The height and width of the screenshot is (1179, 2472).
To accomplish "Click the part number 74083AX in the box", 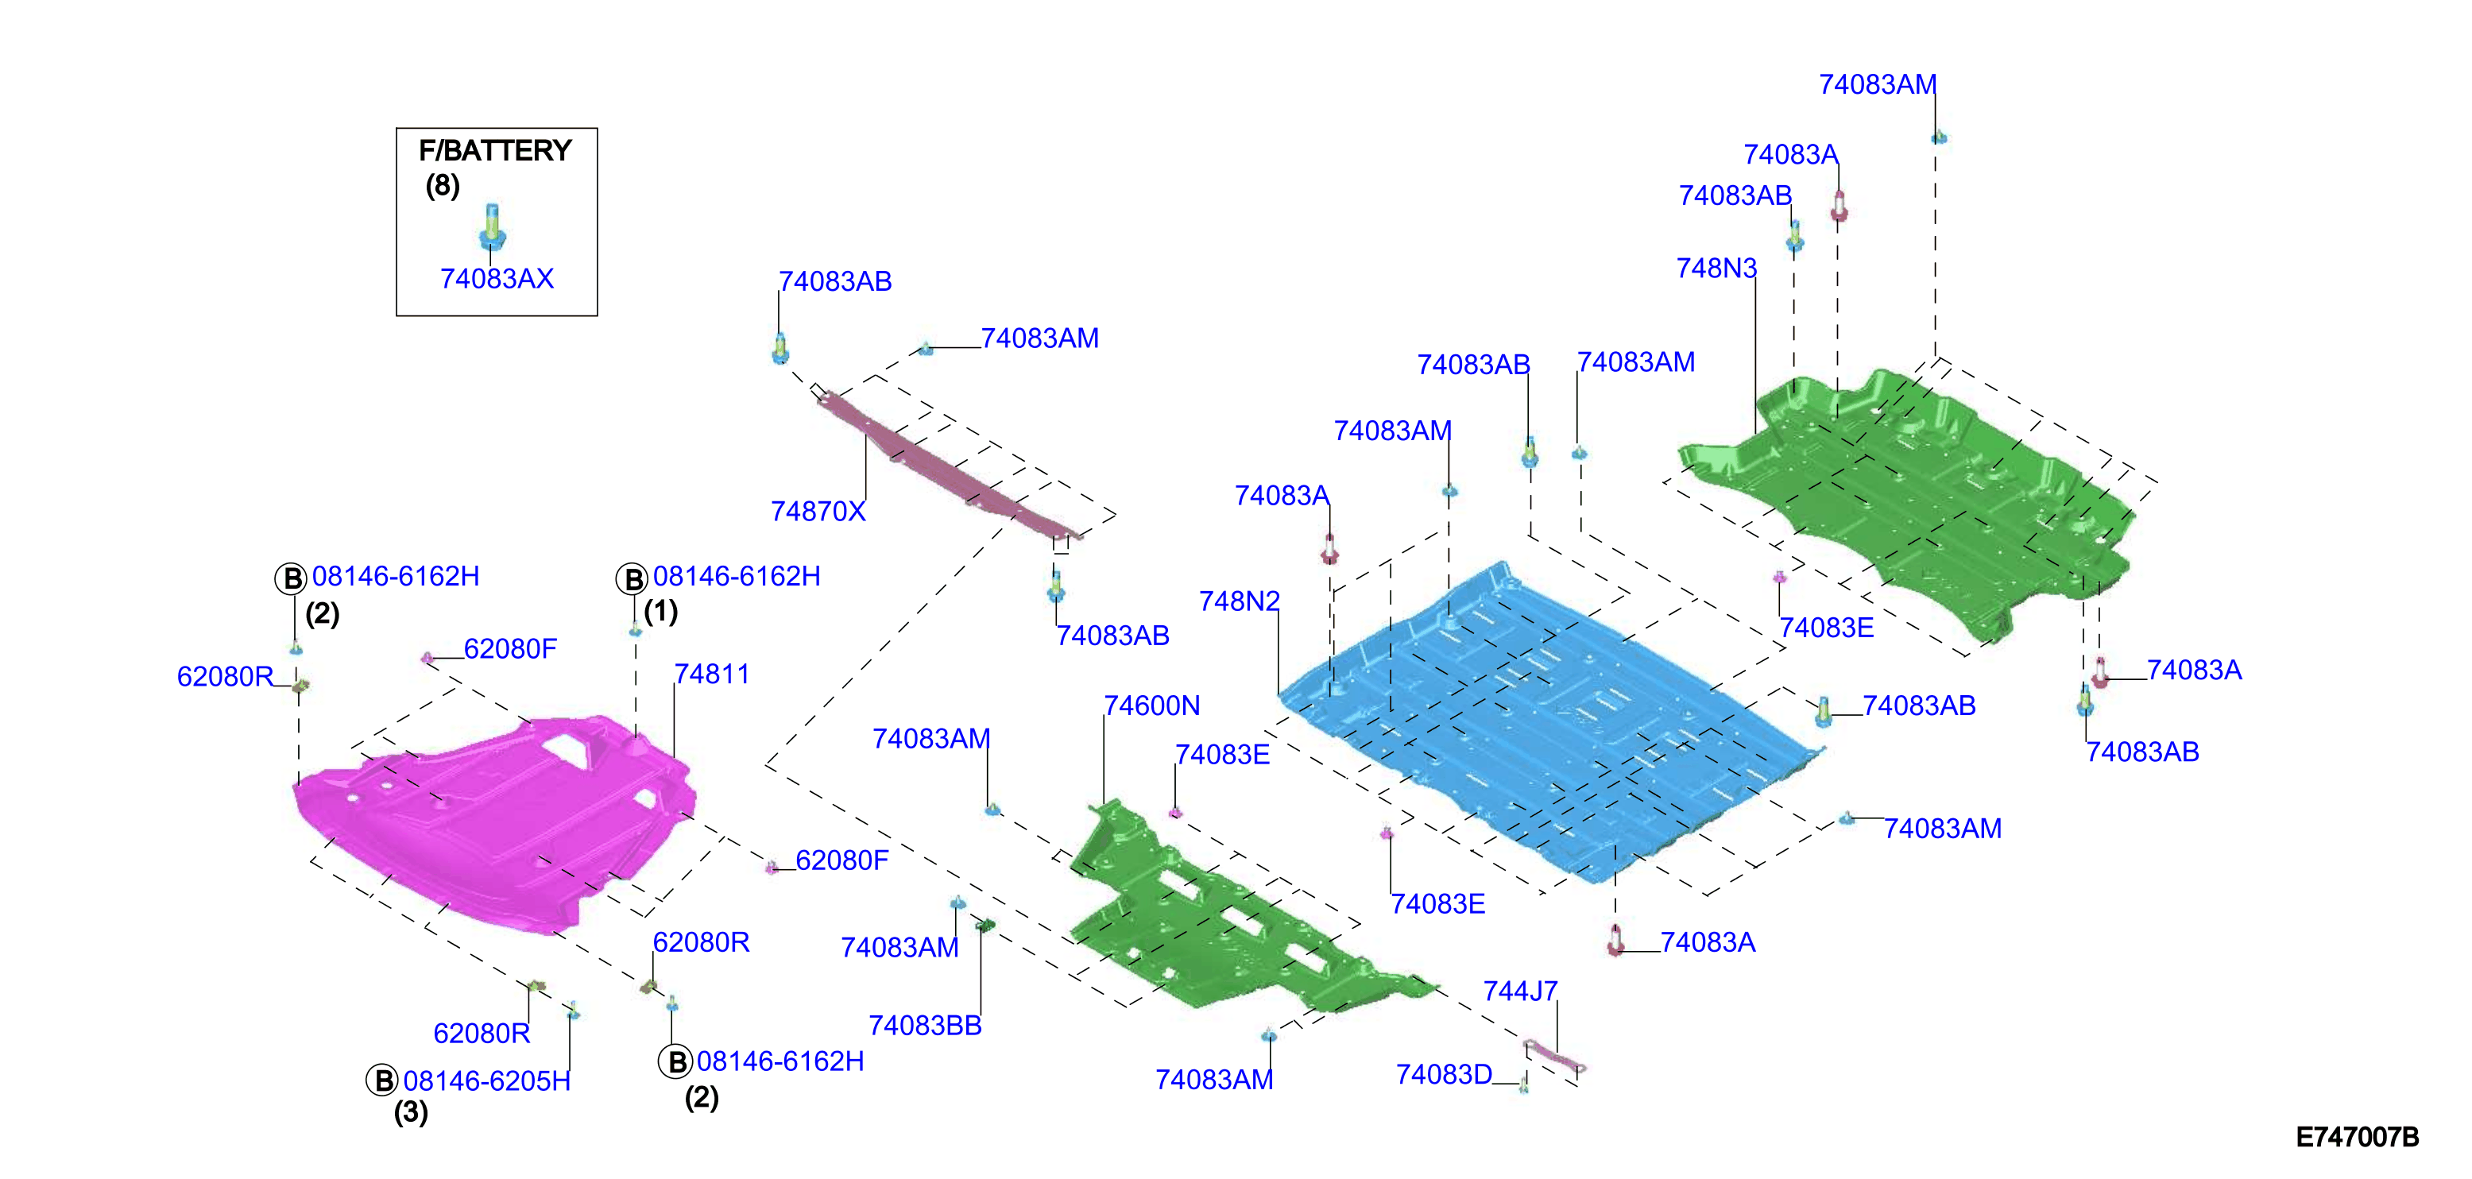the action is [496, 279].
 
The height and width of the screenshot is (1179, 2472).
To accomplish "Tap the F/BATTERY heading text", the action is [495, 151].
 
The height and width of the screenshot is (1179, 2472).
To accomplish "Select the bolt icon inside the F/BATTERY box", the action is [491, 226].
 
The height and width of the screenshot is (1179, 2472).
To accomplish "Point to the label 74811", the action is [711, 675].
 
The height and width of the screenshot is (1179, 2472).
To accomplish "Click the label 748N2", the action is [1239, 601].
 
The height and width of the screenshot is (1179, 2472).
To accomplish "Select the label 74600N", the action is [1151, 706].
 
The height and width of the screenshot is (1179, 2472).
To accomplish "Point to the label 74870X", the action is [818, 512].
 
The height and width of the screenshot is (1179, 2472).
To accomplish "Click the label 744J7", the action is [1520, 991].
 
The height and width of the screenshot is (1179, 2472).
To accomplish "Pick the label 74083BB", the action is [925, 1026].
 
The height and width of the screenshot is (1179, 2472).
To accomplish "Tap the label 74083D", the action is [1443, 1074].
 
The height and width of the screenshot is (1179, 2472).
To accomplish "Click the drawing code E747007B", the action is [2357, 1138].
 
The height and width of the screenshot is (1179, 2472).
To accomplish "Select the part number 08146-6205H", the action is [486, 1081].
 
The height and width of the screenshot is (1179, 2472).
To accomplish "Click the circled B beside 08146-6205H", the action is [382, 1081].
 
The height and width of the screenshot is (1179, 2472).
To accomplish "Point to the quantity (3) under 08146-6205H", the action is [411, 1113].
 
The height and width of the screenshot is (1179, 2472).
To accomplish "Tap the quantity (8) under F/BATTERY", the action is [443, 185].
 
